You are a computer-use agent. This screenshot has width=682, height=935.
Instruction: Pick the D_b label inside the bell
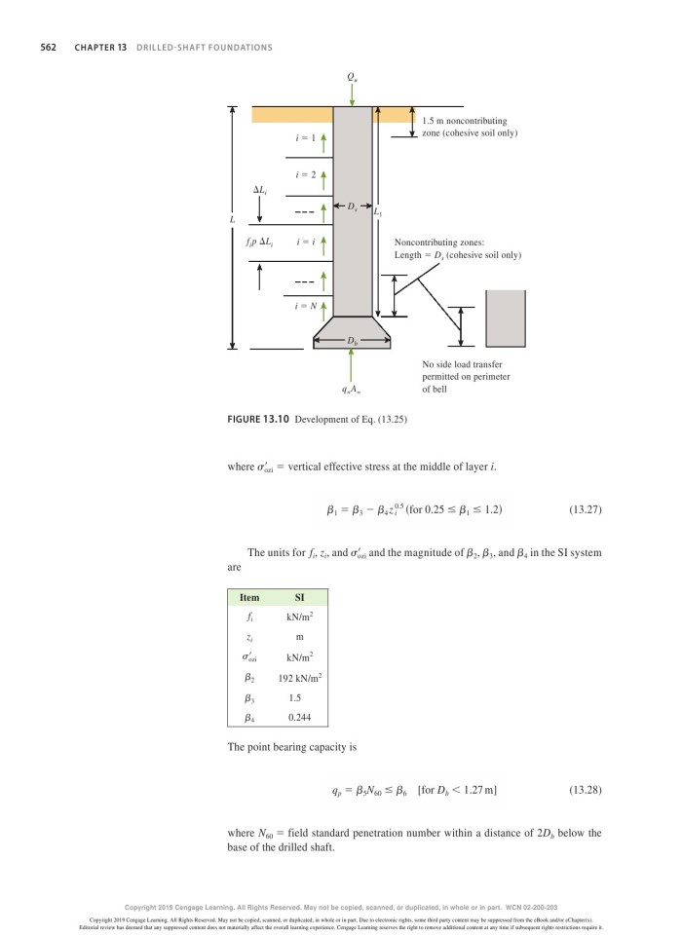[352, 340]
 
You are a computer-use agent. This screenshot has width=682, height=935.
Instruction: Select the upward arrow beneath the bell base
[352, 365]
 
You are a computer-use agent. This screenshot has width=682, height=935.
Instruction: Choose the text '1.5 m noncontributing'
[464, 121]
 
